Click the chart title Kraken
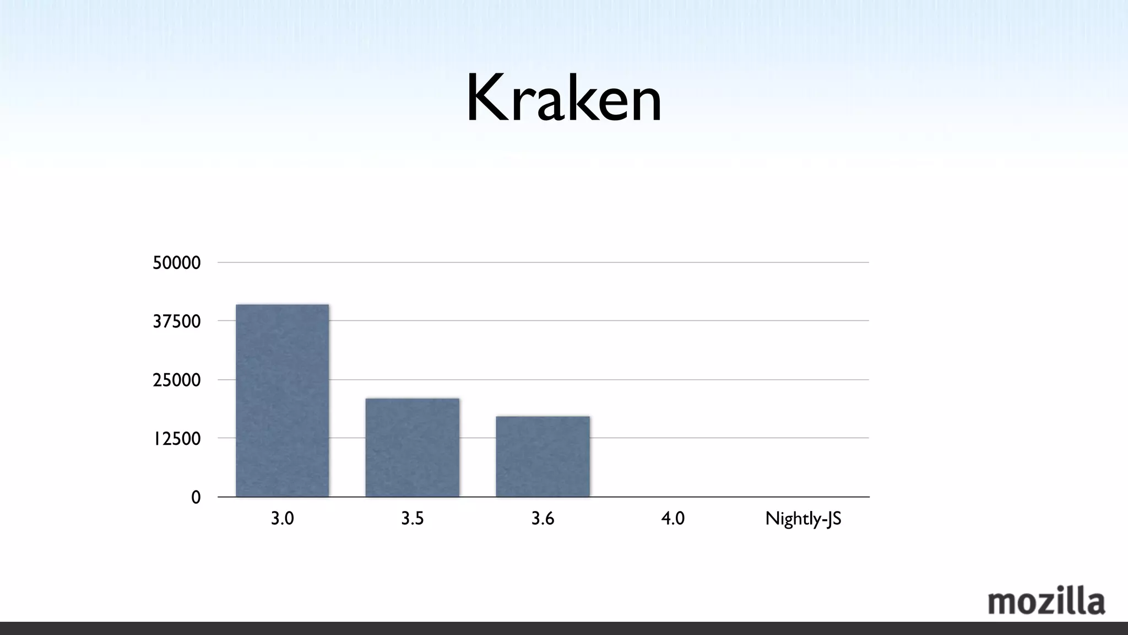pyautogui.click(x=563, y=99)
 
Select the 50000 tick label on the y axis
pyautogui.click(x=176, y=263)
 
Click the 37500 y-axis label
pyautogui.click(x=176, y=321)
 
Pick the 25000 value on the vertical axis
pyautogui.click(x=176, y=380)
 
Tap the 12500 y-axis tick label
pyautogui.click(x=176, y=439)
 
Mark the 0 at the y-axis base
pyautogui.click(x=196, y=498)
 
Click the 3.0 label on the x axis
pyautogui.click(x=282, y=519)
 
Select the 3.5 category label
pyautogui.click(x=412, y=519)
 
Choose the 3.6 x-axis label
pyautogui.click(x=543, y=519)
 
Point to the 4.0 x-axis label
pyautogui.click(x=673, y=519)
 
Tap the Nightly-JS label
pyautogui.click(x=803, y=519)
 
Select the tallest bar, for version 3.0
pyautogui.click(x=282, y=401)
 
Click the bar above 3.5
pyautogui.click(x=412, y=448)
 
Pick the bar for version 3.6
pyautogui.click(x=543, y=456)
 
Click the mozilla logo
pyautogui.click(x=1046, y=601)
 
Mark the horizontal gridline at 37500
pyautogui.click(x=661, y=320)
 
